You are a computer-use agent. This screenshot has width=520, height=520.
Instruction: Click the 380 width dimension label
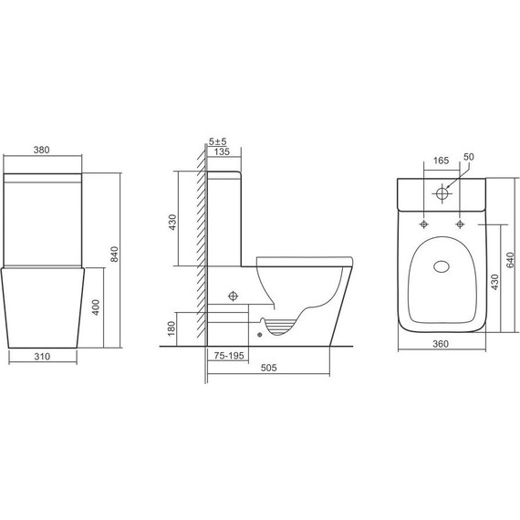[41, 150]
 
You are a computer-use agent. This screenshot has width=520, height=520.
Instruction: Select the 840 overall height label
[114, 255]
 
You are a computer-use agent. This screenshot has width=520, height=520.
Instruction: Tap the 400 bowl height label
[96, 307]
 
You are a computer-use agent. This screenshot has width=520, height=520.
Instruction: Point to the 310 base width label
[42, 357]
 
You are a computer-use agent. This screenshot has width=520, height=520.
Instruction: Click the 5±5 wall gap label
[217, 141]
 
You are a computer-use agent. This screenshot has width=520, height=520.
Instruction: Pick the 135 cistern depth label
[222, 151]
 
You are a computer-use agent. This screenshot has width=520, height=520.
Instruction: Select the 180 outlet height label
[172, 328]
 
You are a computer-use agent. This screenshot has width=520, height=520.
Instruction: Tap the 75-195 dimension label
[229, 356]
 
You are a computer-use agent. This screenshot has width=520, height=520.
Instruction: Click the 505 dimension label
[268, 368]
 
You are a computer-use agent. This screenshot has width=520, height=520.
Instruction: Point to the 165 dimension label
[441, 161]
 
